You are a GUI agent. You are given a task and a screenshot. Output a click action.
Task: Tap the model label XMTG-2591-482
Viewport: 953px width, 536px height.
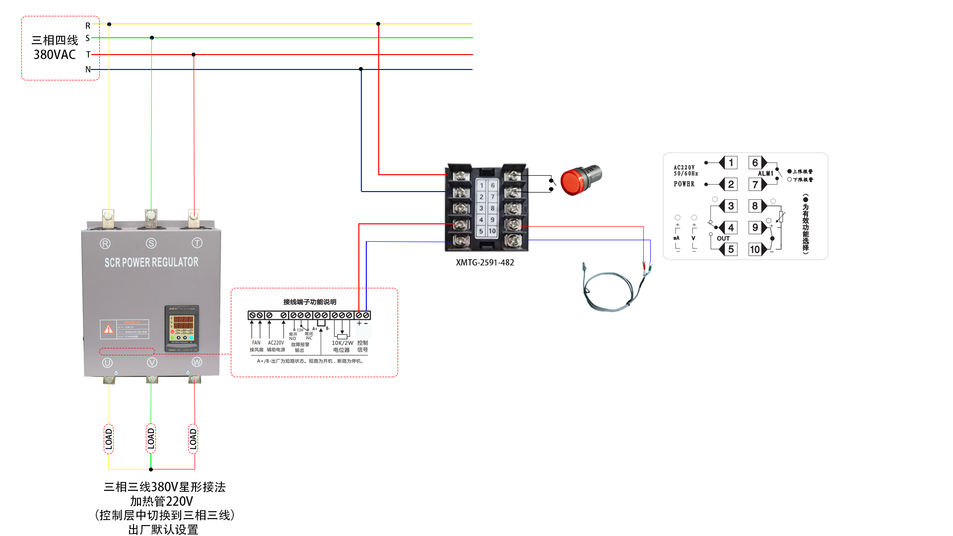coord(485,263)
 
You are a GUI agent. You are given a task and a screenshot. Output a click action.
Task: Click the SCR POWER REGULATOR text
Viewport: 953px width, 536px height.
coord(151,262)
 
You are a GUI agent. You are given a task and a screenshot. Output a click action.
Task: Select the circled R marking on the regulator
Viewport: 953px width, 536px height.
coord(105,244)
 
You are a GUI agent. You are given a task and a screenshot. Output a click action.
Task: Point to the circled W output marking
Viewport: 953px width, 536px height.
coord(197,362)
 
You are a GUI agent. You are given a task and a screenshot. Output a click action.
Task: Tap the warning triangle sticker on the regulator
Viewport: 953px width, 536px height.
coord(108,329)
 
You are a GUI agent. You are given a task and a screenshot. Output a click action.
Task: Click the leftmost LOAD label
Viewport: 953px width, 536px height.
coord(109,439)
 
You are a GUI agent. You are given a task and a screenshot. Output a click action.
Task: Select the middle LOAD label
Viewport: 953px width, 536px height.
coord(151,439)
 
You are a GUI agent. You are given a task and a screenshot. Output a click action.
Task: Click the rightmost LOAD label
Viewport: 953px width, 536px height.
coord(193,439)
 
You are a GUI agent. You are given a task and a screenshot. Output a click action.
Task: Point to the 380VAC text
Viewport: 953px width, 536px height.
coord(55,55)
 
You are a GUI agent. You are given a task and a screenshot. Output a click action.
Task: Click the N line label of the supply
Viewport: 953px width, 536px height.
coord(88,69)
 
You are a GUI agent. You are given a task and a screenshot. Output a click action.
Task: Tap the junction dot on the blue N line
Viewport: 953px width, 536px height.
coord(361,69)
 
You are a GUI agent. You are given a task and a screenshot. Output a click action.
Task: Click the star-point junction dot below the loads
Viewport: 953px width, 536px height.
coord(151,469)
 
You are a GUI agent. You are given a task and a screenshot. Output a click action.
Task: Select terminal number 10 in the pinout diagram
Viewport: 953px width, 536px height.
coord(755,249)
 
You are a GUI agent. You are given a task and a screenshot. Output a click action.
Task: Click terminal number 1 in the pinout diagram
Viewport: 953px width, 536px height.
coord(731,163)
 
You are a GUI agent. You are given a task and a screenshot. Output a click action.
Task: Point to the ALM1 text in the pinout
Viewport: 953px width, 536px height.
coord(765,174)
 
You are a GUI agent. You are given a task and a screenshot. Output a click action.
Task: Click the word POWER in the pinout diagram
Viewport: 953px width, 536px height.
coord(684,184)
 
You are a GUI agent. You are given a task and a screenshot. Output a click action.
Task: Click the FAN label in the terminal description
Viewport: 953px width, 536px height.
coord(256,342)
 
